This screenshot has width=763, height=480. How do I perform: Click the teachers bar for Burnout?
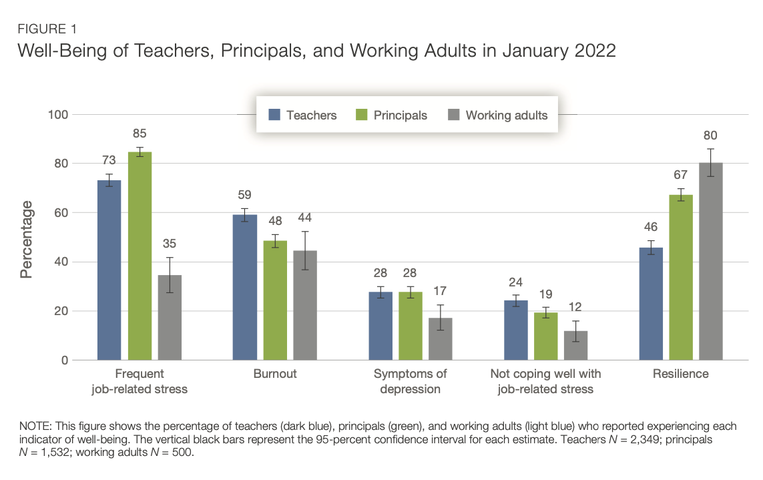click(244, 287)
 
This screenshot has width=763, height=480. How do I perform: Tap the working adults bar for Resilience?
click(710, 261)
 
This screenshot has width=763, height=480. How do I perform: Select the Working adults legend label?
click(506, 115)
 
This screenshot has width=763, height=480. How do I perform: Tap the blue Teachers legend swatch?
click(274, 115)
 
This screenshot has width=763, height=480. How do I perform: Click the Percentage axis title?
click(27, 243)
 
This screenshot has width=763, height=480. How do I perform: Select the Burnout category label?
click(274, 374)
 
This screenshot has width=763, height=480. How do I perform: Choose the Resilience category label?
click(680, 374)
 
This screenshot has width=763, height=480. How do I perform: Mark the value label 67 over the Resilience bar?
click(681, 175)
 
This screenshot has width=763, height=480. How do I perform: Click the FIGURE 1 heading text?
click(47, 29)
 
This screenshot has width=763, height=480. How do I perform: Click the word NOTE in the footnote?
click(34, 426)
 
